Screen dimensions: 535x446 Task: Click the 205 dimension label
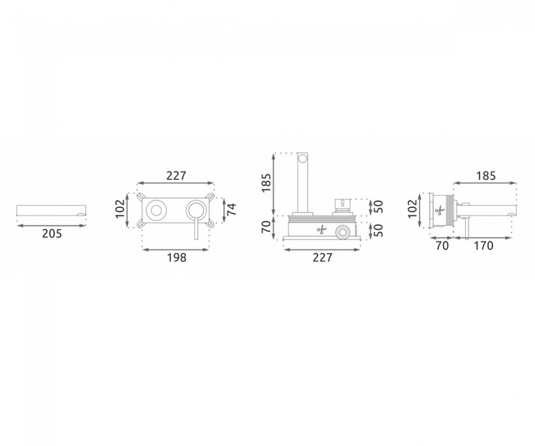[52, 234]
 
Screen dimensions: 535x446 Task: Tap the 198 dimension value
[177, 257]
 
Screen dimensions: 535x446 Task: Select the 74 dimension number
[232, 209]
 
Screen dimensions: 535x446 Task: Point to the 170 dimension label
[484, 246]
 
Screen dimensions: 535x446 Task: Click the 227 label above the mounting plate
[176, 176]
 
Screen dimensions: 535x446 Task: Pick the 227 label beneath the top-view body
[322, 257]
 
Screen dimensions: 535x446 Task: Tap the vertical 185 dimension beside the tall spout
[266, 183]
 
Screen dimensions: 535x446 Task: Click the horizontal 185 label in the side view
[486, 176]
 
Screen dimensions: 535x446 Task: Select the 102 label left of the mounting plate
[120, 209]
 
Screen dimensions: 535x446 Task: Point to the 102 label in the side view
[412, 209]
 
